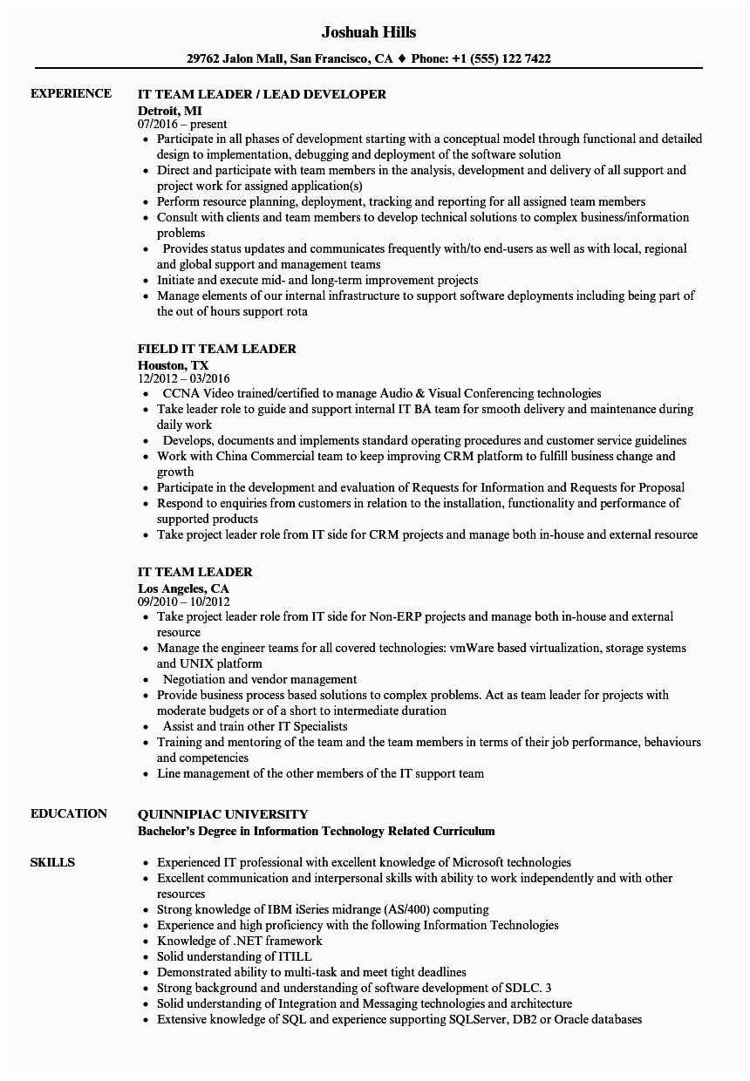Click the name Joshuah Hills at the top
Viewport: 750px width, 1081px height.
tap(369, 32)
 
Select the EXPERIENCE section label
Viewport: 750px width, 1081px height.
tap(71, 93)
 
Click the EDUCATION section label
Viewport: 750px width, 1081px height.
tap(69, 813)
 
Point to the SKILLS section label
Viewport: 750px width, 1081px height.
tap(52, 862)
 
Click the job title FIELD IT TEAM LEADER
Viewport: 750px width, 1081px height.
tap(217, 349)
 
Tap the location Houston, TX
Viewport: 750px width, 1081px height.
tap(174, 365)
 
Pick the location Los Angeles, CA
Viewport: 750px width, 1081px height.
tap(183, 588)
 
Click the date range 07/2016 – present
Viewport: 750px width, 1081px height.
tap(181, 125)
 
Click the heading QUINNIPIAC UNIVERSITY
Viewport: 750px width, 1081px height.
tap(222, 813)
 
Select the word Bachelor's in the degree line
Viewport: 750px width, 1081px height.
tap(171, 831)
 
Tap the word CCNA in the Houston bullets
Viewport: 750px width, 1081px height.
tap(180, 393)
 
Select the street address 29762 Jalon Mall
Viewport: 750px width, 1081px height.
tap(236, 59)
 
